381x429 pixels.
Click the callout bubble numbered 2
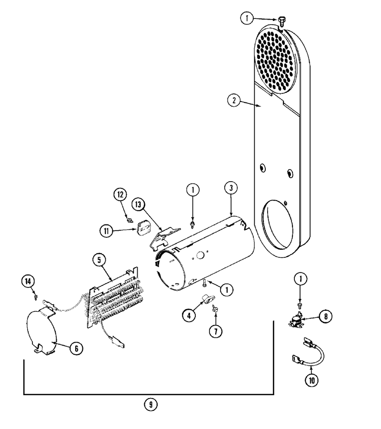click(x=234, y=101)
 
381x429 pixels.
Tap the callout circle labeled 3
click(x=231, y=188)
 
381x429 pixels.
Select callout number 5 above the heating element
click(x=99, y=260)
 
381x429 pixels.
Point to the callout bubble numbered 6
click(x=76, y=348)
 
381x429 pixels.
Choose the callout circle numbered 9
click(x=151, y=404)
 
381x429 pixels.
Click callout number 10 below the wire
click(x=311, y=380)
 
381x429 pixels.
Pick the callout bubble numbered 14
click(x=28, y=281)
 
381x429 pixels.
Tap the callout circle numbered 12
click(x=120, y=195)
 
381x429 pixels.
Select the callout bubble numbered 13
click(x=138, y=204)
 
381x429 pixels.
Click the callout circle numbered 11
click(x=106, y=231)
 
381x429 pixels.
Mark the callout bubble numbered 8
click(x=326, y=317)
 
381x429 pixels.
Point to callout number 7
click(x=216, y=331)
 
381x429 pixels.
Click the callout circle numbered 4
click(x=189, y=316)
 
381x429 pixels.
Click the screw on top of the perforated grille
click(x=281, y=21)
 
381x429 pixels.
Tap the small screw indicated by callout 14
click(x=35, y=297)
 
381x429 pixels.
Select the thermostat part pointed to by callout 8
click(x=295, y=320)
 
